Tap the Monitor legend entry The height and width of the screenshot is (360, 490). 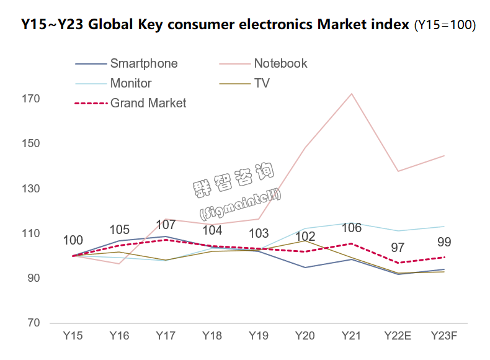pos(131,83)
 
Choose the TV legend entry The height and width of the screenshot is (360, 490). pos(262,83)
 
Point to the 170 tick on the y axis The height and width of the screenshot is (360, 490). pos(32,99)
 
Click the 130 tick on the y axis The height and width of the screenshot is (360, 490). pos(32,189)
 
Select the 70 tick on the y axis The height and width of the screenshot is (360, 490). pos(35,323)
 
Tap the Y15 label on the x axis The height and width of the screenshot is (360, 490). pos(73,336)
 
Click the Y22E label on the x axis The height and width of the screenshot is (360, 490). pos(398,336)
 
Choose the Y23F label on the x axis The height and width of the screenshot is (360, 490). pos(444,336)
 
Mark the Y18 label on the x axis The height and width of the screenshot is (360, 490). pos(212,336)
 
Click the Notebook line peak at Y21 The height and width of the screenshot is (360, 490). pos(352,94)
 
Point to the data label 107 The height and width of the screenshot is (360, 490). pos(166,225)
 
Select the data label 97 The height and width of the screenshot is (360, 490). pos(398,248)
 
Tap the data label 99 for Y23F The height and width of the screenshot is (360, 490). pos(444,242)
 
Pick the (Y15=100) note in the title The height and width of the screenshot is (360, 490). pos(445,25)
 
